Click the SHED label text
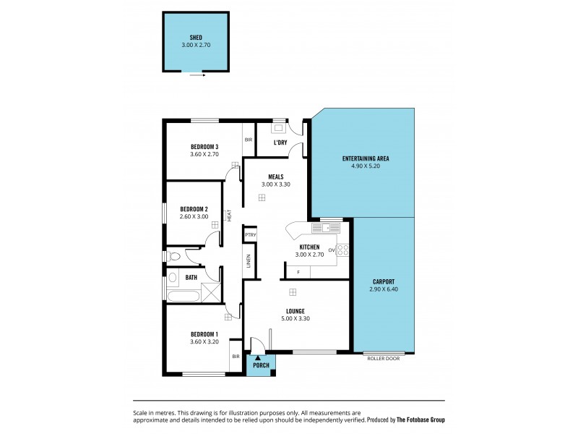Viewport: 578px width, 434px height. (x=196, y=37)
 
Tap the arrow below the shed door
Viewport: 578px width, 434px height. (x=198, y=74)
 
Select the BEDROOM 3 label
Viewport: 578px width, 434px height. (x=204, y=146)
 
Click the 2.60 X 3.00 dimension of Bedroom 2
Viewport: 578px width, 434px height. (x=194, y=216)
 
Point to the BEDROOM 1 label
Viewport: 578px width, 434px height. (x=204, y=333)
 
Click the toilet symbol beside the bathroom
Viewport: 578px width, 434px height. (x=173, y=255)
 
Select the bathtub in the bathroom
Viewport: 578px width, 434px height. (x=184, y=295)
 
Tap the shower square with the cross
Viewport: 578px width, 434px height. (x=211, y=293)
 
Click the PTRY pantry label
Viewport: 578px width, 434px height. (x=250, y=234)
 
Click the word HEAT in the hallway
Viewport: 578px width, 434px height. (x=229, y=215)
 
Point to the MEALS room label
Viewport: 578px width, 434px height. (x=275, y=176)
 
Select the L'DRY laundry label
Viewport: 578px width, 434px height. (x=280, y=142)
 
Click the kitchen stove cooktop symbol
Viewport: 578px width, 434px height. (x=343, y=250)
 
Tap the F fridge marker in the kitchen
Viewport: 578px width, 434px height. (x=298, y=272)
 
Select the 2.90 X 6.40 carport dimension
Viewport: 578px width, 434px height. (x=384, y=289)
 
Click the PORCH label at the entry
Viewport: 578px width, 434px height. (x=261, y=365)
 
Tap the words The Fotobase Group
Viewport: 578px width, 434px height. (x=421, y=419)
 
